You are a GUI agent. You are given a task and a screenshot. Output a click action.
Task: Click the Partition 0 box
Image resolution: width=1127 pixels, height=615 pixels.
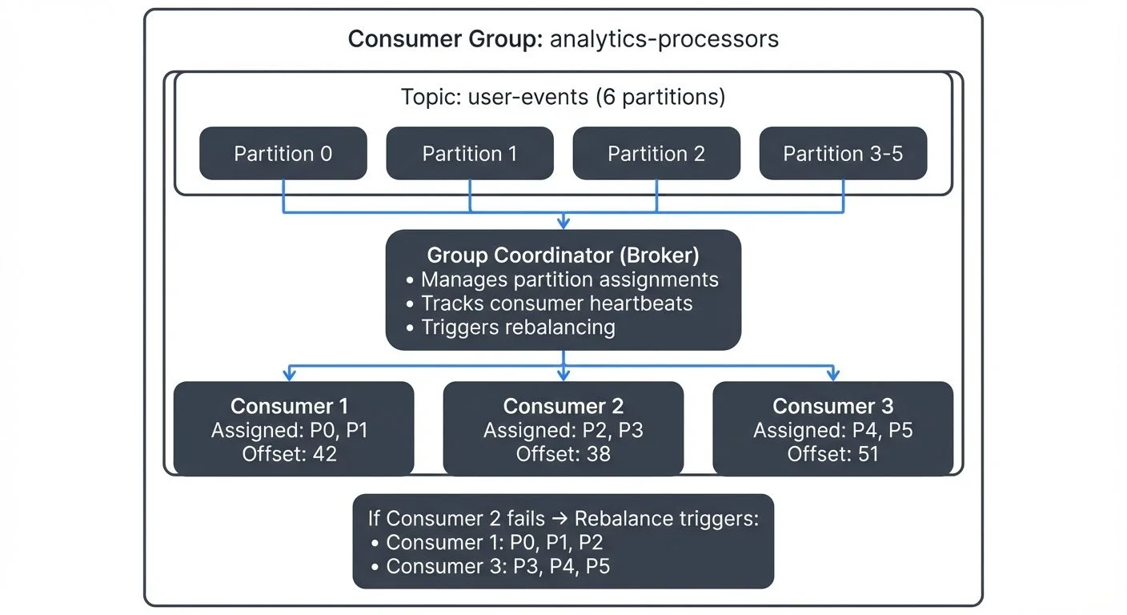coord(283,153)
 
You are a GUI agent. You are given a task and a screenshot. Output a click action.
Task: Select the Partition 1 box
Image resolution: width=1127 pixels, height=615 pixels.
coord(469,153)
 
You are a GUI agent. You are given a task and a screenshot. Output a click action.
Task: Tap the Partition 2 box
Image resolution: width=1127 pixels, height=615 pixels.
coord(656,153)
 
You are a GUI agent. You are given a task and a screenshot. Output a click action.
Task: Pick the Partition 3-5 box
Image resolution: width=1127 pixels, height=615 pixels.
coord(843,153)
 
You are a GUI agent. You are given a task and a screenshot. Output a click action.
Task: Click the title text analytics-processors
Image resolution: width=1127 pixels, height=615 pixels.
coord(664,39)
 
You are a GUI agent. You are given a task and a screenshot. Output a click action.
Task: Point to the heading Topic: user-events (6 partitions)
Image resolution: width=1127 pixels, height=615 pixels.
coord(563,98)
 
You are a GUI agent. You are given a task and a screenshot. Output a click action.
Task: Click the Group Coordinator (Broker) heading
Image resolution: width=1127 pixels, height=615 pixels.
coord(563,255)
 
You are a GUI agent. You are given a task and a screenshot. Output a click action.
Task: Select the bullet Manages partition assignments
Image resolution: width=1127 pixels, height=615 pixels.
coord(569,279)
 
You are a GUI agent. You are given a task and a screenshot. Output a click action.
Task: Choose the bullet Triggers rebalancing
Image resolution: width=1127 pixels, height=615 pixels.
coord(518,328)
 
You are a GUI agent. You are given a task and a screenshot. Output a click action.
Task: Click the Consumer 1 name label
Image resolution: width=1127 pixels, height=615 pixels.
coord(289,406)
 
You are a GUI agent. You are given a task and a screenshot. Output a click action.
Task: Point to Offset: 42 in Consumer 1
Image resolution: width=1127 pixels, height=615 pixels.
coord(289,454)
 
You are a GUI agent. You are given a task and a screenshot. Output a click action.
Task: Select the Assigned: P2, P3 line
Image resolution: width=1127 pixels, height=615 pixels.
coord(563,430)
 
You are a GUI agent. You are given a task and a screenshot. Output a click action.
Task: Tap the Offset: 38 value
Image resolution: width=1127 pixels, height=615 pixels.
coord(563,454)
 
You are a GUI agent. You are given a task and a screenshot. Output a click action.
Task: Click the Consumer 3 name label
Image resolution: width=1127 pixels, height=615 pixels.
coord(832,406)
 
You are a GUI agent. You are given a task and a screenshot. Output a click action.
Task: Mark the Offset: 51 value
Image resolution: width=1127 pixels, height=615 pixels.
coord(832,454)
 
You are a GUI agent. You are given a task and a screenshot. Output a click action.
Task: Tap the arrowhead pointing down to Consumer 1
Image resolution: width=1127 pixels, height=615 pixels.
coord(290,375)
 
